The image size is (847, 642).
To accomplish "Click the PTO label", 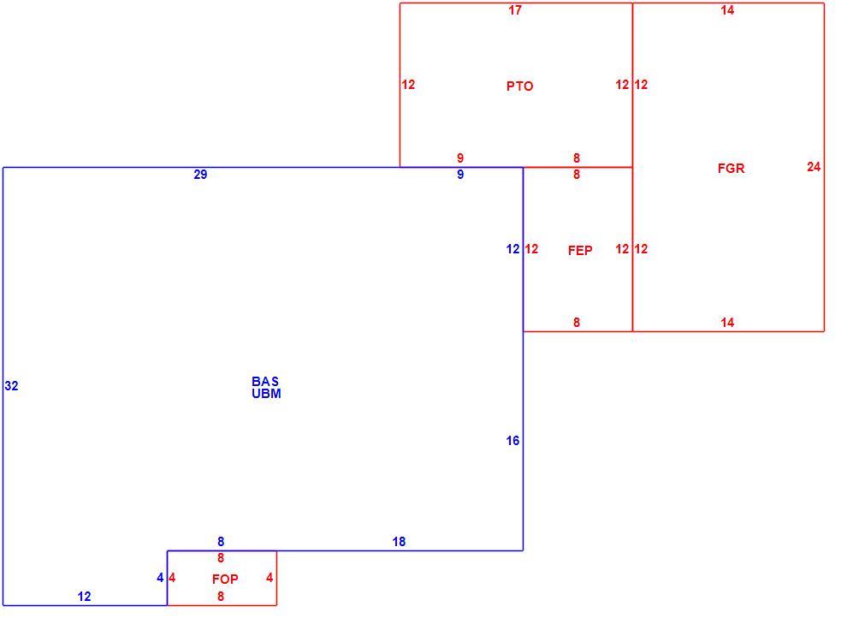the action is (x=519, y=86).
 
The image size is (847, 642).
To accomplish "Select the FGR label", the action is (x=731, y=169).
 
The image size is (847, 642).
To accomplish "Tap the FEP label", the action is (x=580, y=251).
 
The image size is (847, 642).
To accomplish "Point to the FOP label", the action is (x=225, y=580).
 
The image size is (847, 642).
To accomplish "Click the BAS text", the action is (x=265, y=382).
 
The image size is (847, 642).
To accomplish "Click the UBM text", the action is (x=266, y=394).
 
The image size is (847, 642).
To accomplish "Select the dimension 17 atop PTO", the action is (x=515, y=10).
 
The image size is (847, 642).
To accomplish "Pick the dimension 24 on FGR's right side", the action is (x=814, y=167).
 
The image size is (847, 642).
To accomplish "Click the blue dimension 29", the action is (x=200, y=175).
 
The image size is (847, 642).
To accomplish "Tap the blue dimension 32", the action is (x=11, y=386).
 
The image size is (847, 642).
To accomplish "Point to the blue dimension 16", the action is (x=512, y=441).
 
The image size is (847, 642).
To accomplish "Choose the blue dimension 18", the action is (x=399, y=542).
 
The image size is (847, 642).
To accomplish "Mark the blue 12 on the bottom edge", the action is (x=84, y=597).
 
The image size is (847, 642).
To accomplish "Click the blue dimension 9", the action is (x=460, y=175).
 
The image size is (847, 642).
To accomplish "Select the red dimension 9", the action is (x=460, y=158).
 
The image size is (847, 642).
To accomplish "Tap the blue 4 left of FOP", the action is (x=160, y=579).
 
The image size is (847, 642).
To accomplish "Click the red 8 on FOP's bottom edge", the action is (x=221, y=597).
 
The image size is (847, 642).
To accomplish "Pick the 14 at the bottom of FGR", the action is (x=727, y=324).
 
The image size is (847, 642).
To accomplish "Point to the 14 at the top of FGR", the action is (x=727, y=10).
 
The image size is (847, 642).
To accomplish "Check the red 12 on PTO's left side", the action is (x=408, y=85).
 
